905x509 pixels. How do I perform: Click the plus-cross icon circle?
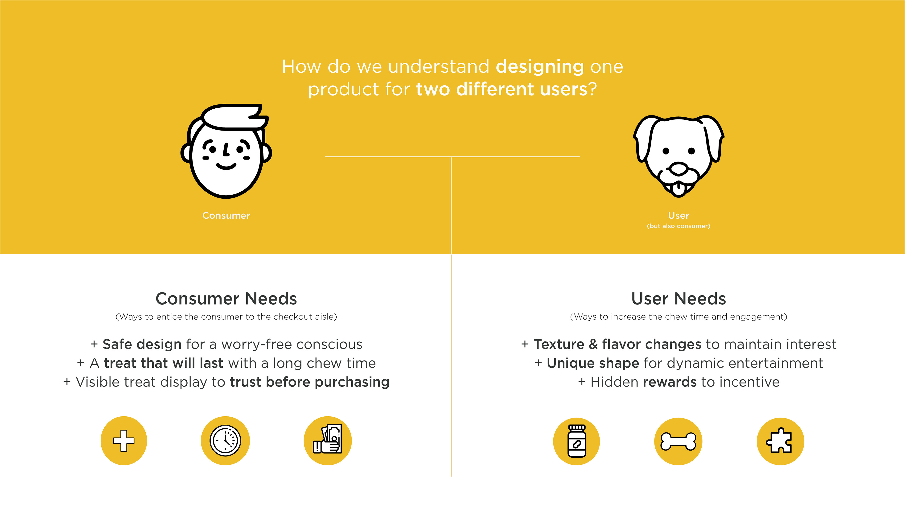pyautogui.click(x=124, y=440)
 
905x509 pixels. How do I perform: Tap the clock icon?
pyautogui.click(x=225, y=440)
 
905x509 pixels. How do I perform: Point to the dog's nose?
pyautogui.click(x=679, y=169)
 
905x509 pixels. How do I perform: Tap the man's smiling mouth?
pyautogui.click(x=226, y=166)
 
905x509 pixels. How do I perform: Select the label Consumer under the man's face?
pyautogui.click(x=226, y=215)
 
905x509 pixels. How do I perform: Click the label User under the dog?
pyautogui.click(x=679, y=215)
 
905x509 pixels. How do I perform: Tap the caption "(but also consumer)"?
pyautogui.click(x=679, y=226)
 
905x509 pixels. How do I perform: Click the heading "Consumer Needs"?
pyautogui.click(x=226, y=299)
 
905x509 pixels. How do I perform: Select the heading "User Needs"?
pyautogui.click(x=679, y=299)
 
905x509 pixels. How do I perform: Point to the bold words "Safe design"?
pyautogui.click(x=142, y=345)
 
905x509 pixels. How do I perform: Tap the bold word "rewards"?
pyautogui.click(x=670, y=382)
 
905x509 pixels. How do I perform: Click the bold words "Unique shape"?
pyautogui.click(x=593, y=363)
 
